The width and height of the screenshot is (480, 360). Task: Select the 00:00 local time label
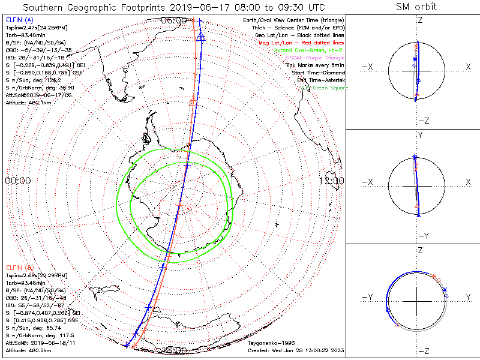pyautogui.click(x=18, y=181)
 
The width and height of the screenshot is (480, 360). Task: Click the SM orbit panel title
pyautogui.click(x=417, y=7)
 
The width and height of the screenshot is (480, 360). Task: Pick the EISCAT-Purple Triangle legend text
pyautogui.click(x=313, y=57)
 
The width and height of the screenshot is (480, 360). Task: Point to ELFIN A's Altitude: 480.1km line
pyautogui.click(x=28, y=103)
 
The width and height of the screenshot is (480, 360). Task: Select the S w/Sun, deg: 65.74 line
pyautogui.click(x=32, y=328)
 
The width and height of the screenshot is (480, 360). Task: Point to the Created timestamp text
pyautogui.click(x=296, y=350)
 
